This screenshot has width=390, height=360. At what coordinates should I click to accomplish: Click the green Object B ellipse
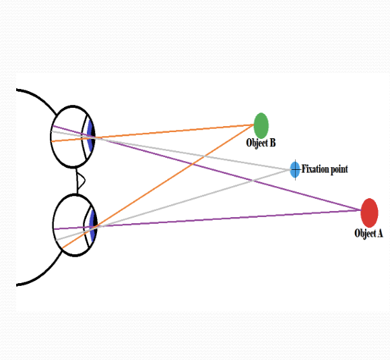pyautogui.click(x=261, y=125)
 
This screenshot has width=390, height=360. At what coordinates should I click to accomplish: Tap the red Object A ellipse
pyautogui.click(x=369, y=212)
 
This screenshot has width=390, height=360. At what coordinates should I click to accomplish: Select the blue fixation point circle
pyautogui.click(x=295, y=169)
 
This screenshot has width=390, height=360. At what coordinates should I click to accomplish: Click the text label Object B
pyautogui.click(x=261, y=143)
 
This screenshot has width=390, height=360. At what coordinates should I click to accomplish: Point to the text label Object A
pyautogui.click(x=368, y=233)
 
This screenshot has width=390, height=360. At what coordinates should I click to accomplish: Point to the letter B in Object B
pyautogui.click(x=271, y=143)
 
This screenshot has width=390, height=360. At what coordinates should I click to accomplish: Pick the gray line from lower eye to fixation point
pyautogui.click(x=189, y=200)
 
